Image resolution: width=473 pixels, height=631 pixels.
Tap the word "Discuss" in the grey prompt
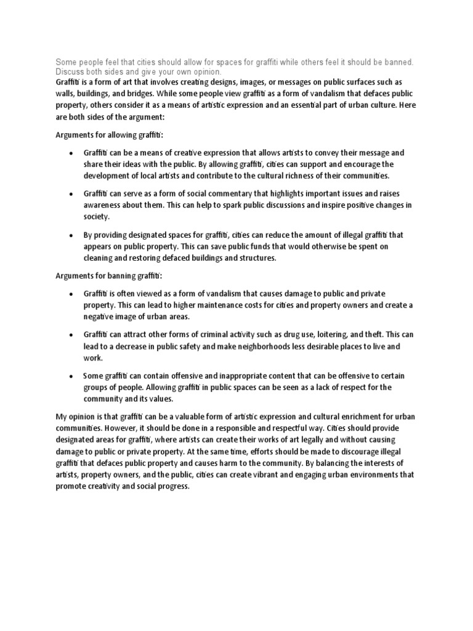(70, 72)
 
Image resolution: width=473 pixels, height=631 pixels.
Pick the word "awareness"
(103, 205)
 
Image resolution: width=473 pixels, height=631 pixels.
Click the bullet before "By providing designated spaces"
(71, 235)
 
